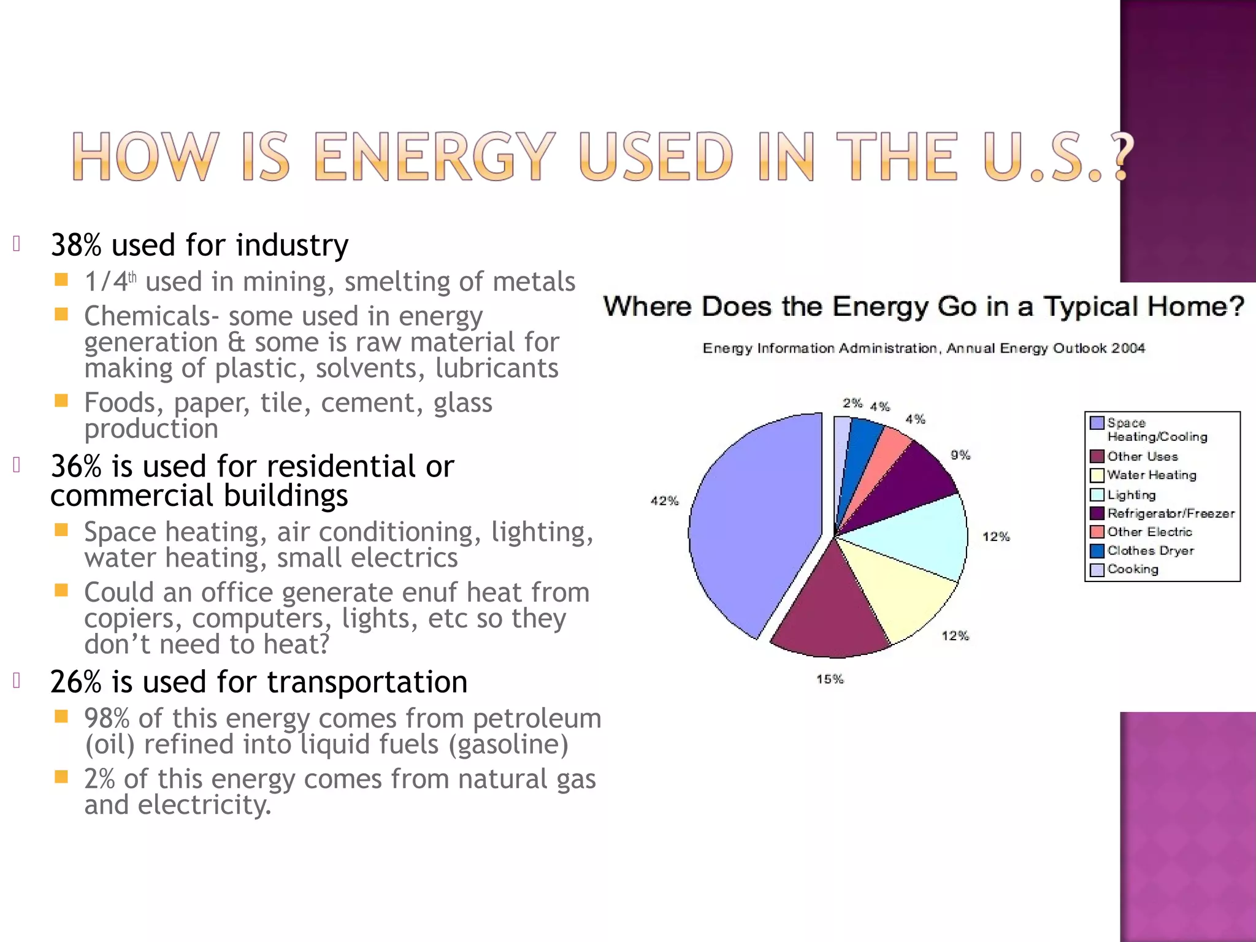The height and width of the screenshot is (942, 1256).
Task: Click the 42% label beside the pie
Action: [x=665, y=501]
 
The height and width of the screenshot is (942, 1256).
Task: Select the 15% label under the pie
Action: [x=830, y=679]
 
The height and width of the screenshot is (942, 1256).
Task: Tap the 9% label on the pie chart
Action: [x=960, y=455]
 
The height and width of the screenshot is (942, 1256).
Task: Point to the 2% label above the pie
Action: [x=852, y=403]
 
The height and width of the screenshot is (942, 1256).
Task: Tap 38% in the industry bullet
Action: [x=75, y=245]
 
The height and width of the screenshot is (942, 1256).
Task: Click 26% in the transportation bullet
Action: [x=75, y=682]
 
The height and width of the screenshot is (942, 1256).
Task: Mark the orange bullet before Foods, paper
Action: [x=61, y=401]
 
